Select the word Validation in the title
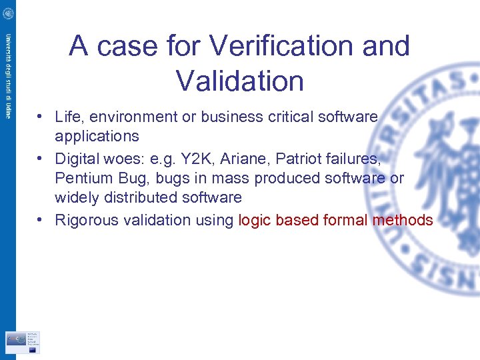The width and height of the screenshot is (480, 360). [x=240, y=81]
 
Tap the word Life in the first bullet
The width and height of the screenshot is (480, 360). [x=68, y=117]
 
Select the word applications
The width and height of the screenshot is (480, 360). [x=97, y=136]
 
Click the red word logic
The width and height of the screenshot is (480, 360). [x=254, y=220]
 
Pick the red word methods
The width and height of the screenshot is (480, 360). [x=403, y=220]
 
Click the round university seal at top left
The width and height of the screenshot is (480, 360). [x=7, y=13]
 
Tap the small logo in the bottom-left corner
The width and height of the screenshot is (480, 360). [x=22, y=341]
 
